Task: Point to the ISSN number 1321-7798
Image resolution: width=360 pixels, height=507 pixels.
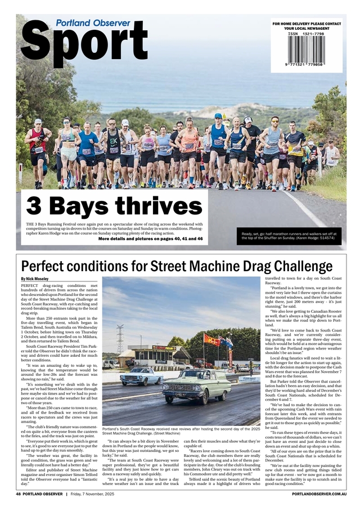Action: click(305, 34)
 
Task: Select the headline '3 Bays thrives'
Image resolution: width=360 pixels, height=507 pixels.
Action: click(114, 207)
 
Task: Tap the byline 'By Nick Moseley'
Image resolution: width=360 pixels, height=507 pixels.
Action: click(34, 279)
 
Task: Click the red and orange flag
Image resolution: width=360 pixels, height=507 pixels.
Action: click(212, 340)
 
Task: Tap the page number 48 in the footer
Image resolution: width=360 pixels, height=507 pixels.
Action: click(19, 493)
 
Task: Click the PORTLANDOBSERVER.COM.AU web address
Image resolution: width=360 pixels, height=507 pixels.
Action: click(319, 493)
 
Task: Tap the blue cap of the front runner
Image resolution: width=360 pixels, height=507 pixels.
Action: click(218, 116)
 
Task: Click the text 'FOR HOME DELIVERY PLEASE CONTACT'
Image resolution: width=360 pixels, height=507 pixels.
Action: click(307, 24)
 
